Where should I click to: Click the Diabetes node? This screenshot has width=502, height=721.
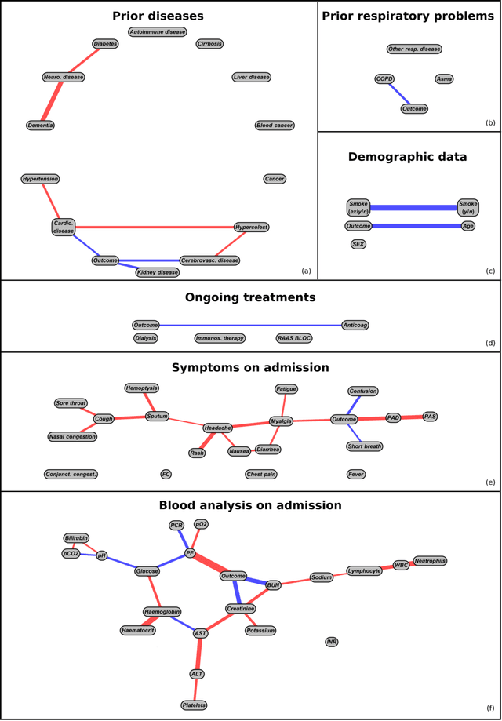tap(104, 44)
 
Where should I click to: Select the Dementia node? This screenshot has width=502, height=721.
tap(40, 125)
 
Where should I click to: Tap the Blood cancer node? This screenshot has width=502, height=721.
tap(275, 125)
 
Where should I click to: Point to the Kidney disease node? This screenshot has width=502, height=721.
tap(157, 272)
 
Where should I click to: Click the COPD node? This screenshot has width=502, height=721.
tap(384, 78)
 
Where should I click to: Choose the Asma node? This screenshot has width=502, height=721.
tap(444, 78)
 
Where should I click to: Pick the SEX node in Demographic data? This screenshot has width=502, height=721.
tap(358, 244)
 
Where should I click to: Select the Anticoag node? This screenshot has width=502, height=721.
tap(355, 325)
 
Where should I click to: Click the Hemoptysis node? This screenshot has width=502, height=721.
tap(142, 388)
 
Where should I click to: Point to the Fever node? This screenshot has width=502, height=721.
tap(356, 474)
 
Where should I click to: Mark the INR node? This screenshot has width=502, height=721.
tap(332, 642)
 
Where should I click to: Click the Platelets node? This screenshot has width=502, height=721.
tap(194, 705)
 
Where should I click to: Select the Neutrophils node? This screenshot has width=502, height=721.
tap(430, 560)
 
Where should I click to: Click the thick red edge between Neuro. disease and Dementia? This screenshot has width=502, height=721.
tap(53, 101)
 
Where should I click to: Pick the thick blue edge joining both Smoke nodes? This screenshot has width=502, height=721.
tap(413, 208)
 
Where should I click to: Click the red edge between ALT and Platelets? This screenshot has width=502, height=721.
tap(195, 690)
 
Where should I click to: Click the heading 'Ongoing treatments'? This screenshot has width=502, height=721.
tap(250, 297)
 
